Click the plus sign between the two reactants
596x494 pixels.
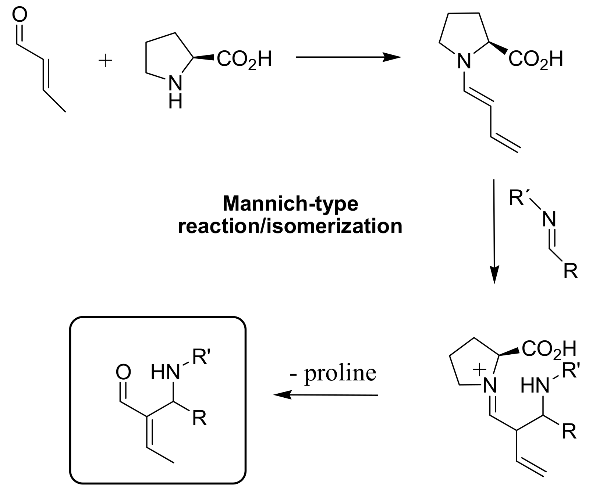pos(106,61)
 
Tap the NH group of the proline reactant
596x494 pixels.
pos(175,93)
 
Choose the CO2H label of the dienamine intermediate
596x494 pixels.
pos(536,59)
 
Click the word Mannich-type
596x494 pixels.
pos(290,203)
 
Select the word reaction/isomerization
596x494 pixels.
pos(290,226)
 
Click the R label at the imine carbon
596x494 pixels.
pos(571,272)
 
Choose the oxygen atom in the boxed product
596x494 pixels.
pos(123,372)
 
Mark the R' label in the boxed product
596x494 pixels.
pos(201,358)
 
